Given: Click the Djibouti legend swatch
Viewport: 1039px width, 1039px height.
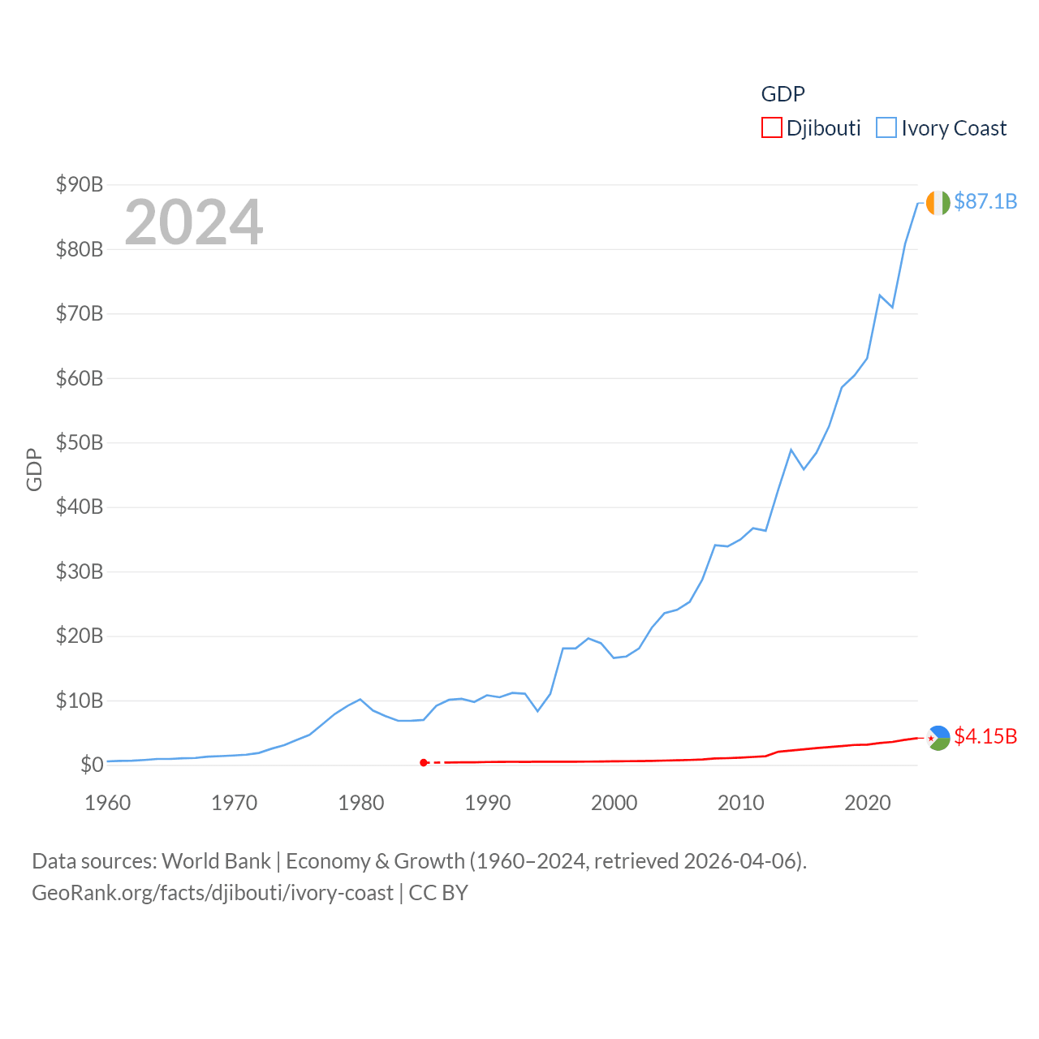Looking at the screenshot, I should pos(771,128).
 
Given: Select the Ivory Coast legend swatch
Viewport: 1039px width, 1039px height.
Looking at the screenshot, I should pos(886,128).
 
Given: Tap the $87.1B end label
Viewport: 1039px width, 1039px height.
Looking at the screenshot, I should pos(985,201).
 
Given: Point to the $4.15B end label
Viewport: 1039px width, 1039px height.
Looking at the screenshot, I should pos(985,736).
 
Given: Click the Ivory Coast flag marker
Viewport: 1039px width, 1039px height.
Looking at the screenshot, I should pos(938,203).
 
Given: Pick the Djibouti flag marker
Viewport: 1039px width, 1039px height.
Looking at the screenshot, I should pos(938,738).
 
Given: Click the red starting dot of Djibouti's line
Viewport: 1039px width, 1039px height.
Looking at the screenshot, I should pos(424,762).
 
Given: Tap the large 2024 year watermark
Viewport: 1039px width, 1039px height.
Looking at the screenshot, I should pos(194,222).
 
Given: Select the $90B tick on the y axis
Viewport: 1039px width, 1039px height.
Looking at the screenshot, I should pos(80,184).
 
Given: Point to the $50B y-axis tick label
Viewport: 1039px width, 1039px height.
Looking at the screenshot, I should pos(80,442).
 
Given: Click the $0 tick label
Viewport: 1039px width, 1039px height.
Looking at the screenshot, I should pos(92,765).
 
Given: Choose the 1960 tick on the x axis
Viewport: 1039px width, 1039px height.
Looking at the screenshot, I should pos(108,803).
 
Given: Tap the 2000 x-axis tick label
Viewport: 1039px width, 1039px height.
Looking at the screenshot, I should pos(614,803).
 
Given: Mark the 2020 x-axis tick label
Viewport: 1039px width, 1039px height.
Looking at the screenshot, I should pos(868,803).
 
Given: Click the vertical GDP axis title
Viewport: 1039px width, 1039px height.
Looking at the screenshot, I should pos(34,469).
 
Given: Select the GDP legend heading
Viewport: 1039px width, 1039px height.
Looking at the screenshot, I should pos(782,94).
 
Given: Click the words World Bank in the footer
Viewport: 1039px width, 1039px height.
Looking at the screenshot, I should pos(216,860).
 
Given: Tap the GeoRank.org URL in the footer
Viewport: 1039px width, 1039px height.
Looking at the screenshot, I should pos(213,893).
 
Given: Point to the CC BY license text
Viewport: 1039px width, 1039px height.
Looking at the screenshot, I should pos(438,893).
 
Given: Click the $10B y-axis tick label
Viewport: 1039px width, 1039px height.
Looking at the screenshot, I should pos(80,701).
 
